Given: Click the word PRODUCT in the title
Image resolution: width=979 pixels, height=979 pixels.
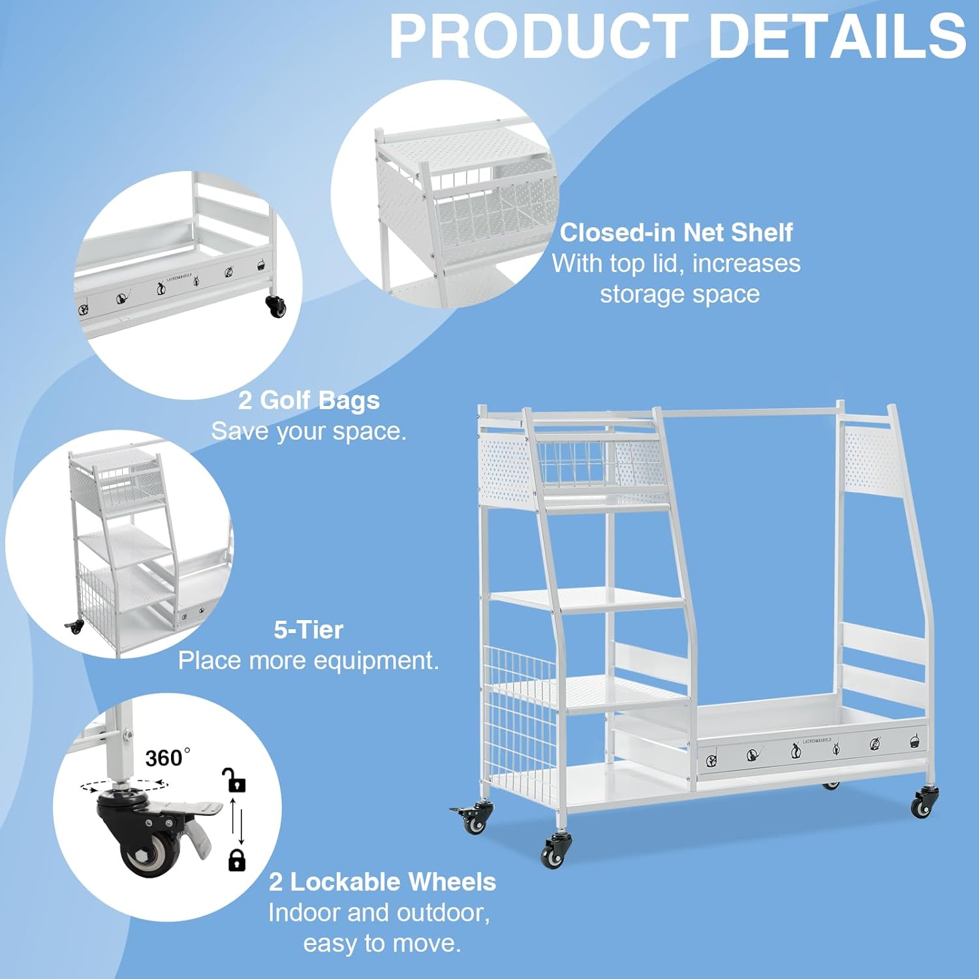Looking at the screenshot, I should coord(538,37).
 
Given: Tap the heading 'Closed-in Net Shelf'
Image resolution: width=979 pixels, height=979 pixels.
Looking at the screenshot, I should coord(676,233).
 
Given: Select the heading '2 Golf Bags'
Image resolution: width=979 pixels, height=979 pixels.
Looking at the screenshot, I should coord(309,400).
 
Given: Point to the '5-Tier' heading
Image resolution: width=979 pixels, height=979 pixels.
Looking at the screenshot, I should coord(308,630).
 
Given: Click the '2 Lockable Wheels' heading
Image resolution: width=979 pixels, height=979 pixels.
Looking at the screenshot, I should coord(382,882).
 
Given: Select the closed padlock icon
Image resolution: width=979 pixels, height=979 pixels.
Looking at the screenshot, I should coord(236,860).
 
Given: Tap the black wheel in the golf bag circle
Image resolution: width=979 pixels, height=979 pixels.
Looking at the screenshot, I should coord(277,305).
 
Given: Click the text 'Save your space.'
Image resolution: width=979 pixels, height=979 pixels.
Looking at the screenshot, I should coord(309,431).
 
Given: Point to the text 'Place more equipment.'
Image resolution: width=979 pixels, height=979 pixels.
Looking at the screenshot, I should coord(308,660).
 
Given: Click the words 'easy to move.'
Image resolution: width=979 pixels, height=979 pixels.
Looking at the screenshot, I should coord(382,943).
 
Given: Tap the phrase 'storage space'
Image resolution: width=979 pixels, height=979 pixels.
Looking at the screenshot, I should coord(679,294).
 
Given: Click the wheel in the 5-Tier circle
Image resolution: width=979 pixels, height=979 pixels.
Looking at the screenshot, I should coord(76,627).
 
